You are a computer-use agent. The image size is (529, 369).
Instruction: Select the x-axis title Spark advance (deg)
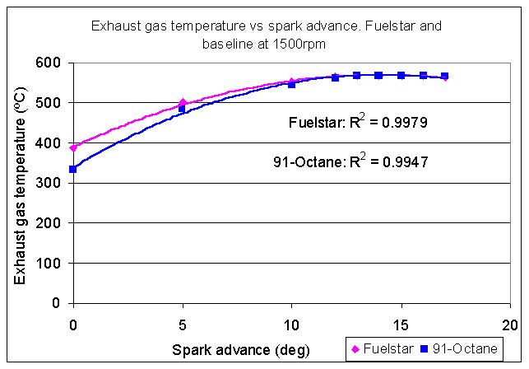[240, 349]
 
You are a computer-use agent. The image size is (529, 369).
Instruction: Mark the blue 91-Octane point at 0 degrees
[73, 169]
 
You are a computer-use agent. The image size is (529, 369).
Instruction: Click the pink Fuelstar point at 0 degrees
[73, 147]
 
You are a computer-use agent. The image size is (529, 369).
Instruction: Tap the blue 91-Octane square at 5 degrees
[183, 109]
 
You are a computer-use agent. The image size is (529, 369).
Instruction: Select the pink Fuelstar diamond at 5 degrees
[183, 103]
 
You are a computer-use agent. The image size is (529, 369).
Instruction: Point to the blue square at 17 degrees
[444, 76]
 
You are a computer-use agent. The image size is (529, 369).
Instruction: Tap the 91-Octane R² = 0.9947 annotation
[349, 161]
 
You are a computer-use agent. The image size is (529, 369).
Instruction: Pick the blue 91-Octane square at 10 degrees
[291, 84]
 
